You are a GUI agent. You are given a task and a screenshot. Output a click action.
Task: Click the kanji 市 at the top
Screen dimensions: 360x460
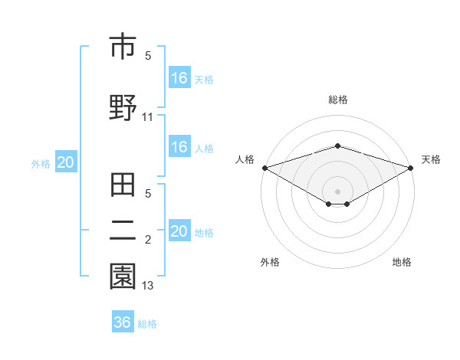[123, 47]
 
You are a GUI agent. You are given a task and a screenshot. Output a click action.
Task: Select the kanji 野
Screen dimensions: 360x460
[123, 107]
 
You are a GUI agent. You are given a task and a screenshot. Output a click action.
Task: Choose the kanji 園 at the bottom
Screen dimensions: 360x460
[123, 276]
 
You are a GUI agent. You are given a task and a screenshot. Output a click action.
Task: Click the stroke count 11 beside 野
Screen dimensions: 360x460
[148, 117]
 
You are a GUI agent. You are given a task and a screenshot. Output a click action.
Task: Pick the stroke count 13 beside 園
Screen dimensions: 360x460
[148, 286]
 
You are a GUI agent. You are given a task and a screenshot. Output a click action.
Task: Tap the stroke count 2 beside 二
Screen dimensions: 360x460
[148, 241]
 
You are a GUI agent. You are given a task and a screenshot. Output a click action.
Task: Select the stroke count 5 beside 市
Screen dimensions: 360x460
[148, 55]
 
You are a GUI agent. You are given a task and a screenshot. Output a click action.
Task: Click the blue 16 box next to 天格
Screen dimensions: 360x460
[179, 78]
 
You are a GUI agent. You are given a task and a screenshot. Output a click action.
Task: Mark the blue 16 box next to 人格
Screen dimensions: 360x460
[179, 148]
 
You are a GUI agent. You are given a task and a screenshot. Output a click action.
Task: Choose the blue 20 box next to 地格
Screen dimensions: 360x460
[179, 232]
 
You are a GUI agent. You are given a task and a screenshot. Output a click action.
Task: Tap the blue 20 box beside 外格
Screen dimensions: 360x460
[66, 162]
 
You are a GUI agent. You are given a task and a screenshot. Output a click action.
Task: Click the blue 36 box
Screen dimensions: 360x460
[123, 322]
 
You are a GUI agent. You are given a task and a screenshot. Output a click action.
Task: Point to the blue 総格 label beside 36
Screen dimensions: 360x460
[147, 324]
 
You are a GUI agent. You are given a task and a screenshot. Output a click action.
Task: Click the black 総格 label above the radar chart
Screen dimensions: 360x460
[337, 100]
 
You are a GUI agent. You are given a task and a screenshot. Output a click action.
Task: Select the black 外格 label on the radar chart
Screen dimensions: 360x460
[270, 263]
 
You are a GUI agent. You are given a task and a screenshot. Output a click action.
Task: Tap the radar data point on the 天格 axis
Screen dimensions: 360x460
[412, 167]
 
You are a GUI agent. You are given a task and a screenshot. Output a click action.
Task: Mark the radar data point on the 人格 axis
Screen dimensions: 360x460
[264, 167]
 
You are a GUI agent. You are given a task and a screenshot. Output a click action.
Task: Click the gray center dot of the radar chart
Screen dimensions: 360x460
[337, 191]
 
